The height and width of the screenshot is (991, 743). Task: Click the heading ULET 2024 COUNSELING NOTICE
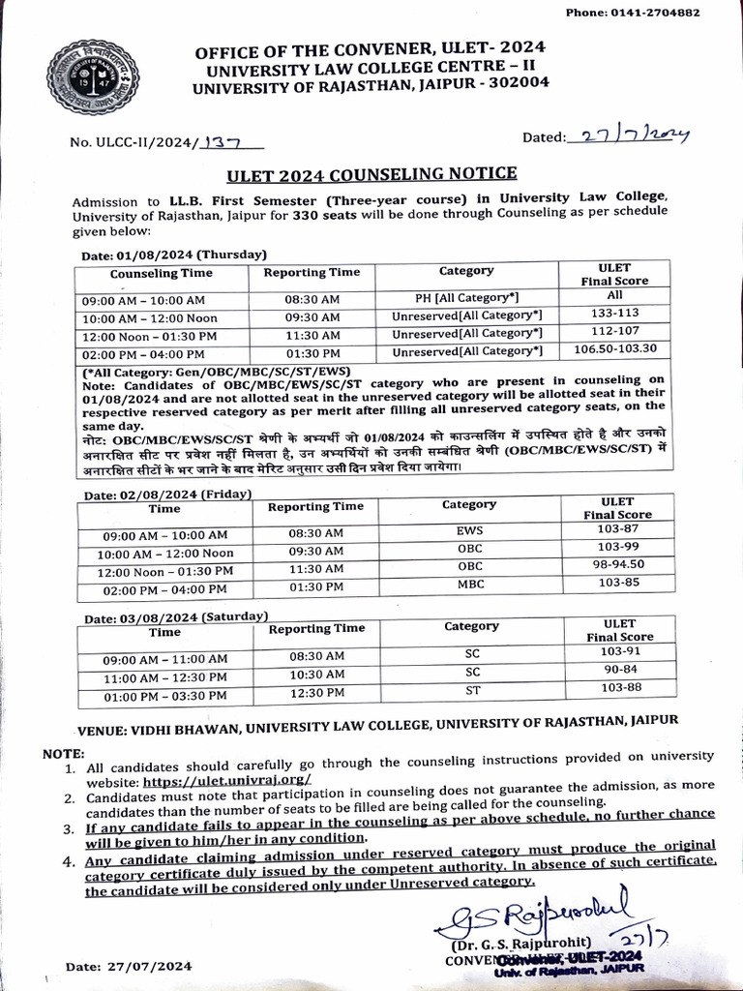pyautogui.click(x=371, y=174)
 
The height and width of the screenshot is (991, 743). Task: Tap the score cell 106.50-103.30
pyautogui.click(x=615, y=349)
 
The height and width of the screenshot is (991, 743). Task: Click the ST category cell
pyautogui.click(x=471, y=688)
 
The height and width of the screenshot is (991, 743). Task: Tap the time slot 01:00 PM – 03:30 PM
pyautogui.click(x=164, y=695)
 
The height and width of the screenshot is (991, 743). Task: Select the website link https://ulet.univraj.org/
pyautogui.click(x=228, y=780)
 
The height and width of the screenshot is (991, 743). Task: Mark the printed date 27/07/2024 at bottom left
pyautogui.click(x=129, y=966)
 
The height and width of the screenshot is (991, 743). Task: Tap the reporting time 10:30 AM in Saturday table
pyautogui.click(x=316, y=674)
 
